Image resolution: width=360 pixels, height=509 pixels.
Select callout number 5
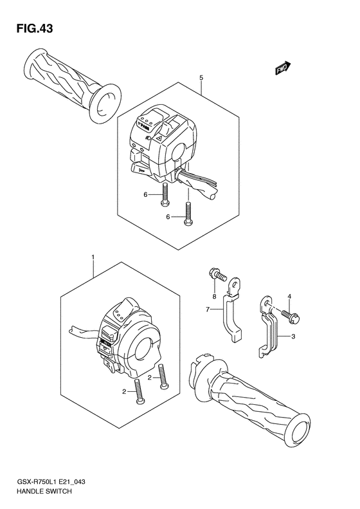pos(201,78)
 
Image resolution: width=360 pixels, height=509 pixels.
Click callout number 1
pos(93,258)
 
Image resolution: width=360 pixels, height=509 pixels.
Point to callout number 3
pos(292,337)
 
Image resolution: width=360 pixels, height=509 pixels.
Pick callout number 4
pos(289,296)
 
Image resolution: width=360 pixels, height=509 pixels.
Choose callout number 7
pos(208,310)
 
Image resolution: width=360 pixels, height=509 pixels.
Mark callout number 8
pos(214,297)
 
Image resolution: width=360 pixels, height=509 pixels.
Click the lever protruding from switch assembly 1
pos(80,331)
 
